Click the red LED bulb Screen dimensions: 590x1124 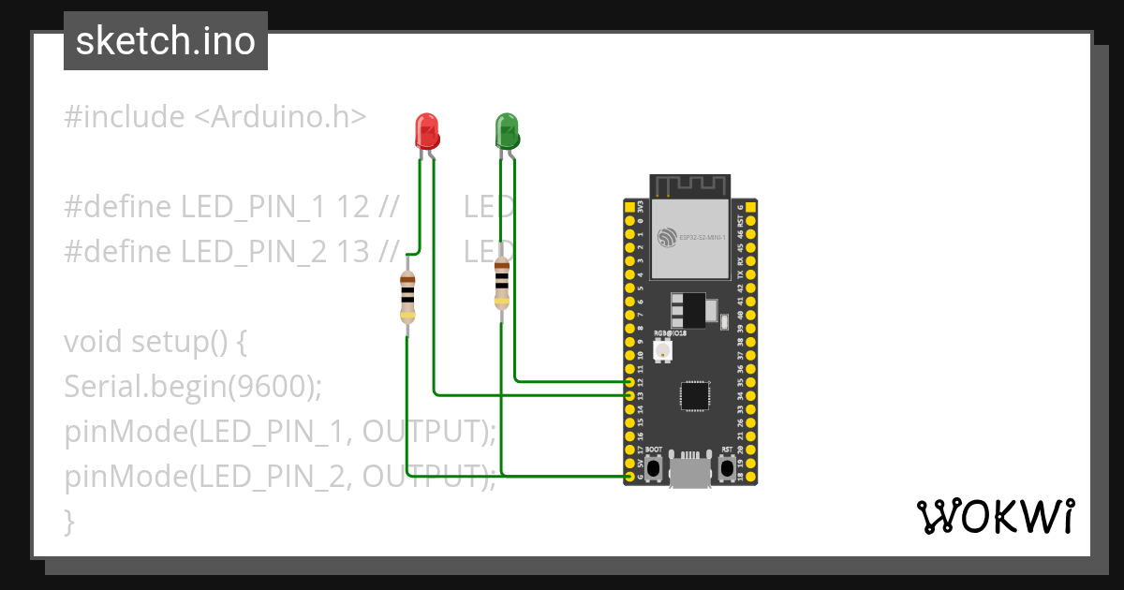point(426,130)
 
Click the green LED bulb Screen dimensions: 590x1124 point(507,130)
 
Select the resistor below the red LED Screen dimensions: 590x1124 point(407,295)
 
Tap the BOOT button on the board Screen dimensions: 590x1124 point(654,465)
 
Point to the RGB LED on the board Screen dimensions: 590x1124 point(661,351)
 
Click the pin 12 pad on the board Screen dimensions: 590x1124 point(629,382)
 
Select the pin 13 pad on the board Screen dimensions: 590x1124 point(629,396)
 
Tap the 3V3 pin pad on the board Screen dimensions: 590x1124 point(629,205)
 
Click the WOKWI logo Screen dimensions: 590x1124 point(995,516)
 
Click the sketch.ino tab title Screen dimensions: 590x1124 point(166,41)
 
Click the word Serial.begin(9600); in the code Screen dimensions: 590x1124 point(193,386)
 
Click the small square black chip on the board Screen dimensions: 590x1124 point(695,395)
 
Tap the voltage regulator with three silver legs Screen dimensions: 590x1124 point(688,308)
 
